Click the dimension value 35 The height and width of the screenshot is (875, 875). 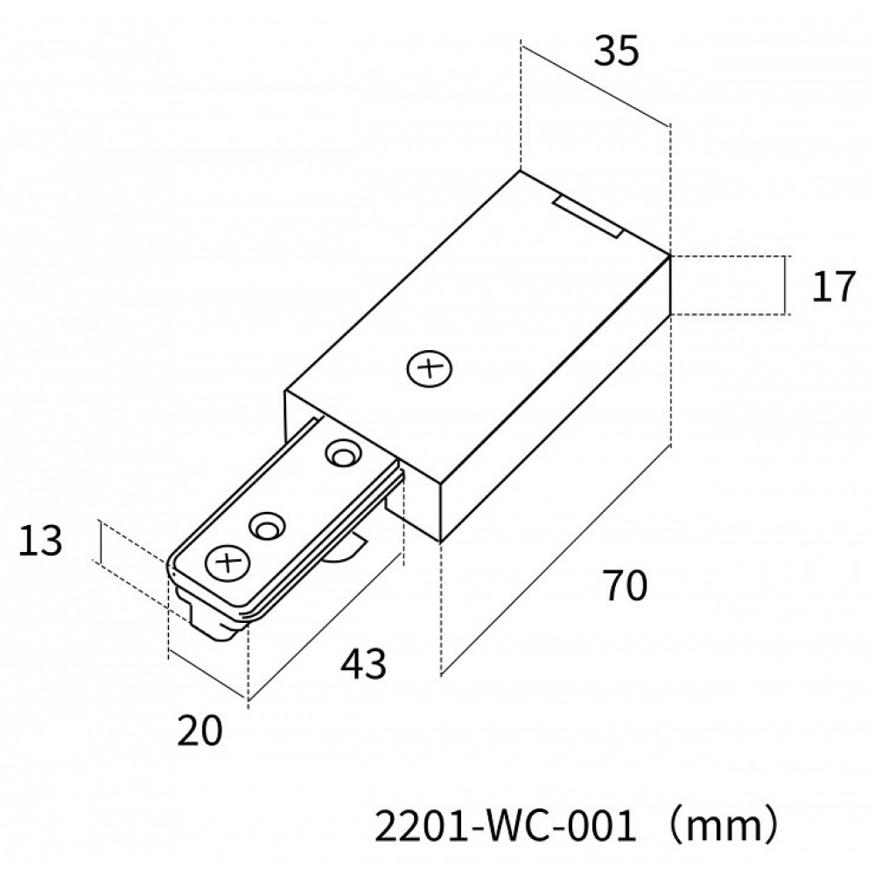(x=617, y=52)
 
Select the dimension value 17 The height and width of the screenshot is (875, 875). (x=831, y=286)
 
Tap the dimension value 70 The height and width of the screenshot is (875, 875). (x=624, y=584)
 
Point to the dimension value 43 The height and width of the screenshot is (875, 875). (x=363, y=665)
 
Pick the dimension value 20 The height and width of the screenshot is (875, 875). (x=200, y=729)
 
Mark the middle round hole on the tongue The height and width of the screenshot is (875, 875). (x=267, y=526)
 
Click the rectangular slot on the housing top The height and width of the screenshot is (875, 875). (x=588, y=217)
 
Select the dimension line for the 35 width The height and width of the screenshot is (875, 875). (x=595, y=83)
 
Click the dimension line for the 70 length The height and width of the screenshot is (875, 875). (x=556, y=560)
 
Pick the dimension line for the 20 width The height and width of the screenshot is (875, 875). (x=207, y=675)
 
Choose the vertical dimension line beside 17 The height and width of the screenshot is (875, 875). (x=786, y=285)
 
